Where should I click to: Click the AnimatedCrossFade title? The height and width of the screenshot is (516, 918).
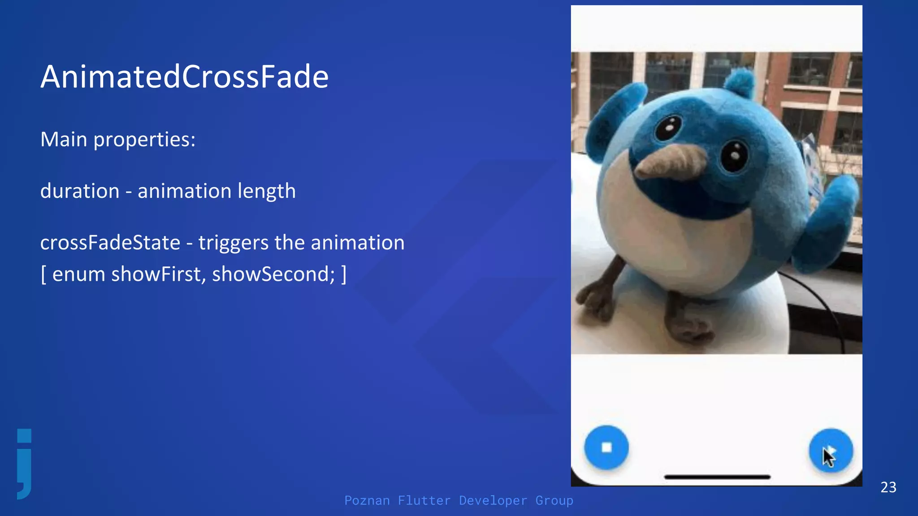pos(184,77)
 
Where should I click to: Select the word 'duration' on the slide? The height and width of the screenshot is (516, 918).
pos(80,191)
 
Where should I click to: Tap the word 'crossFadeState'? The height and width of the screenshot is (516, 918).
pos(110,243)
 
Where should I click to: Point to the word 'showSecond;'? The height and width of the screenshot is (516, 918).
pos(273,274)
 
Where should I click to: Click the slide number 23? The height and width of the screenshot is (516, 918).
pos(888,487)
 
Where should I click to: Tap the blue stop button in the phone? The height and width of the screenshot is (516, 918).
pos(606,447)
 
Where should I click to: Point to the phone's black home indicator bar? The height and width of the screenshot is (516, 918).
pos(717,477)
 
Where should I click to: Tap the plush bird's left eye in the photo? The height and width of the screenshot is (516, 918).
pos(668,127)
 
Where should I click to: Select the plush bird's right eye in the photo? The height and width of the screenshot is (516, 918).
pos(734,155)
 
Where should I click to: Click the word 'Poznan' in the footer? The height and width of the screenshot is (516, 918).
pos(367,500)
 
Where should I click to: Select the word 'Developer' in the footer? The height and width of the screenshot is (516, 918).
pos(493,500)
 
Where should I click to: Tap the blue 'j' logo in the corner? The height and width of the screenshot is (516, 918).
pos(25,464)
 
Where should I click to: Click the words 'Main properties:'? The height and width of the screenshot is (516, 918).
pos(118,140)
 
